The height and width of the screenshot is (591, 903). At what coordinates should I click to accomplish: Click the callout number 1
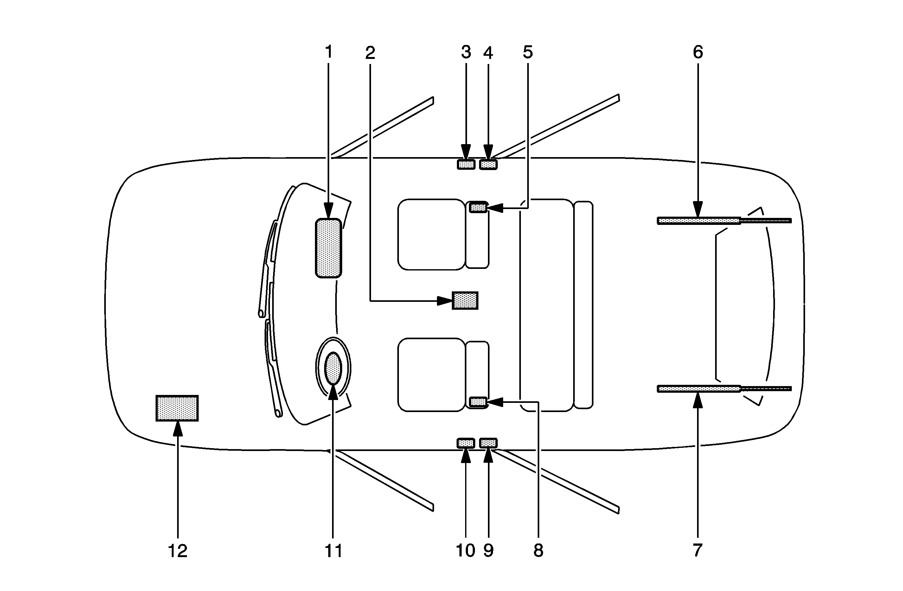coord(329,52)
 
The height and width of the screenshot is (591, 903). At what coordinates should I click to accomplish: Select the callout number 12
coord(177,550)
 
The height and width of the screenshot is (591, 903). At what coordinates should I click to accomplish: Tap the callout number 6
coord(698,52)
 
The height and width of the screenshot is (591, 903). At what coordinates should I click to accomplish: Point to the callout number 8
coord(538,550)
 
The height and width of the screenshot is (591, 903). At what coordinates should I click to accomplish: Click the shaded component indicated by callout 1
coord(329,248)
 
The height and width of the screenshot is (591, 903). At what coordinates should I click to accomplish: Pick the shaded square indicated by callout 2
coord(465,301)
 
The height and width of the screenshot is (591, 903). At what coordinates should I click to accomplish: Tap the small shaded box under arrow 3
coord(466,164)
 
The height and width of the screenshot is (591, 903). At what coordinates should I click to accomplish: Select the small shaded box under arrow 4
coord(488,164)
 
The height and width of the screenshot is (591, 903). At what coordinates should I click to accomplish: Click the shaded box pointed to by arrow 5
coord(478,207)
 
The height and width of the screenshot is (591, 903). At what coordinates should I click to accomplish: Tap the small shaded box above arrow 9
coord(488,443)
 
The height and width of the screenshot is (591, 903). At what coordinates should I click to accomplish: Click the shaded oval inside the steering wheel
coord(333,368)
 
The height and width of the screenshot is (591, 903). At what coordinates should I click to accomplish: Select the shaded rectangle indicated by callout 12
coord(177,408)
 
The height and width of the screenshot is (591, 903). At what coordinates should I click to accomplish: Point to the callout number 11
coord(333,550)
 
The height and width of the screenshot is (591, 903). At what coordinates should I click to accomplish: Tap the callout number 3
coord(466,52)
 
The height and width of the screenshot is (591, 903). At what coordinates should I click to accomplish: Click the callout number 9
coord(488,550)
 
